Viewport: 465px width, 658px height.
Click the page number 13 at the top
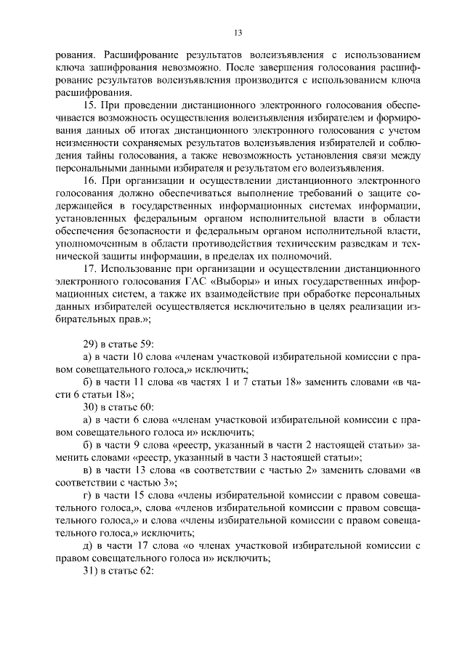[x=238, y=33]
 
